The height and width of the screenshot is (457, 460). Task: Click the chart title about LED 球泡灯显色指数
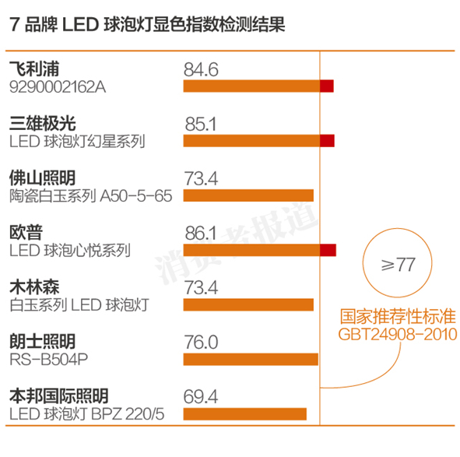point(148,24)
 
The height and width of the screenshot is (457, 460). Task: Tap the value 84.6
point(201,69)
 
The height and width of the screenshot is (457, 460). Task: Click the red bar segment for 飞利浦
point(327,86)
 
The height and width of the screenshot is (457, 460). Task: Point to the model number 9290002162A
point(58,86)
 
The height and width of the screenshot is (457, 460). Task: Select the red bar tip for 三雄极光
point(327,140)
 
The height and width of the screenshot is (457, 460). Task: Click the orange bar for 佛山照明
point(248,195)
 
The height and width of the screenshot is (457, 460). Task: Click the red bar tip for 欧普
point(328,249)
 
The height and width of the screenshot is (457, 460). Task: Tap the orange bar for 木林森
point(248,304)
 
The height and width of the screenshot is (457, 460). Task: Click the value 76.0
point(201,342)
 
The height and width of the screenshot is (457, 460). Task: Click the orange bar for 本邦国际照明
point(245,413)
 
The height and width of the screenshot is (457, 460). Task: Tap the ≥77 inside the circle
point(397,265)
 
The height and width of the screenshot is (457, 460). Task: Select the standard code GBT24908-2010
point(397,336)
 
